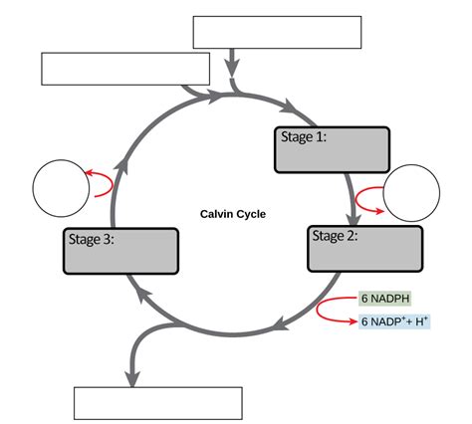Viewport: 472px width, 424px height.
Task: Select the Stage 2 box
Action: pos(364,249)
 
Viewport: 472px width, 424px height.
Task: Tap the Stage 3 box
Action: pos(121,251)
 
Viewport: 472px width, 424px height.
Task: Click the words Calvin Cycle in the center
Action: pos(233,214)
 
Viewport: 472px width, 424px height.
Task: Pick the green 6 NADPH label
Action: pos(385,299)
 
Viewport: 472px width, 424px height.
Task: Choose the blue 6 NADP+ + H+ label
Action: pos(394,321)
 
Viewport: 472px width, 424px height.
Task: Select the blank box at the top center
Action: pos(276,32)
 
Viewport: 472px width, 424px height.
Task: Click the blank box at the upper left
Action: pos(125,69)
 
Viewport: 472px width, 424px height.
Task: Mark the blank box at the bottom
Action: pos(158,403)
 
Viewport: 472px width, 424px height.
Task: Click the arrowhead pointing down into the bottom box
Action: pos(130,375)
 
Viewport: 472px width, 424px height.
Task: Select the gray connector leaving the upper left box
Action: pos(199,93)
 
